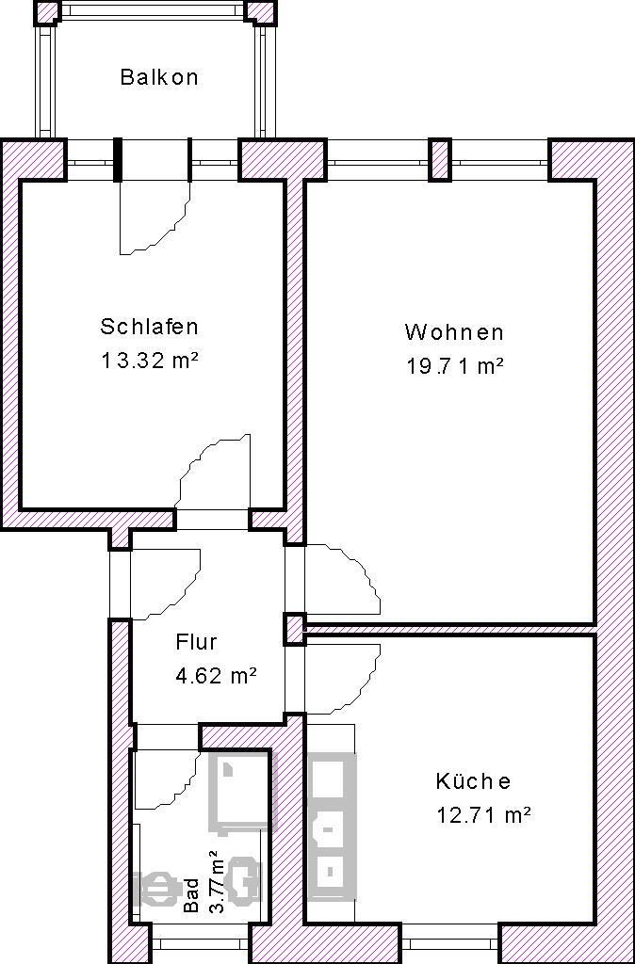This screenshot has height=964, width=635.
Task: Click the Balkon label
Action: pyautogui.click(x=159, y=77)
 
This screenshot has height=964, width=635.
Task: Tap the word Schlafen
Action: pyautogui.click(x=150, y=327)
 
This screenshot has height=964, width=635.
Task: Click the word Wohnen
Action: pyautogui.click(x=454, y=332)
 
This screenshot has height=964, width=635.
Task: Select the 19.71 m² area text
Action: pyautogui.click(x=455, y=366)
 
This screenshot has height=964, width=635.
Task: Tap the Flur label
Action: pyautogui.click(x=196, y=642)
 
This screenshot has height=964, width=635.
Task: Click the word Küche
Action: pyautogui.click(x=473, y=781)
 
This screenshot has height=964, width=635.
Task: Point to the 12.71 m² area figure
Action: pyautogui.click(x=483, y=815)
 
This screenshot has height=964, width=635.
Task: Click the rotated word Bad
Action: pyautogui.click(x=191, y=895)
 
